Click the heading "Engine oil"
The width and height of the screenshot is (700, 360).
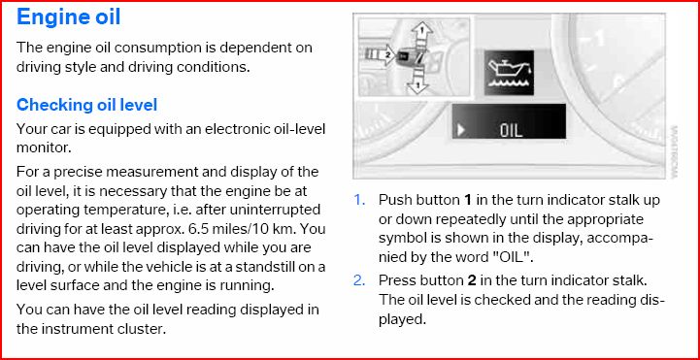coord(68,17)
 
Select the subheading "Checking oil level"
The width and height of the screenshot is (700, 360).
coord(86,105)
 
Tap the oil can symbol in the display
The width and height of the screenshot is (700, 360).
coord(509,72)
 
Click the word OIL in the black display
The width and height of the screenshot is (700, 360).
coord(511,131)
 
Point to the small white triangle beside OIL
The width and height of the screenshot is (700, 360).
coord(461,131)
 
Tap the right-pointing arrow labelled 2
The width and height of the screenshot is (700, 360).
coord(380,56)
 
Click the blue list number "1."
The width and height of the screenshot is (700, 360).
coord(359,200)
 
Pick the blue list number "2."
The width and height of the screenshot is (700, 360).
coord(359,280)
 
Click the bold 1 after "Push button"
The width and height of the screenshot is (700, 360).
coord(467,200)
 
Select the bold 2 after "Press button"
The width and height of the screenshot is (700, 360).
coord(472,280)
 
